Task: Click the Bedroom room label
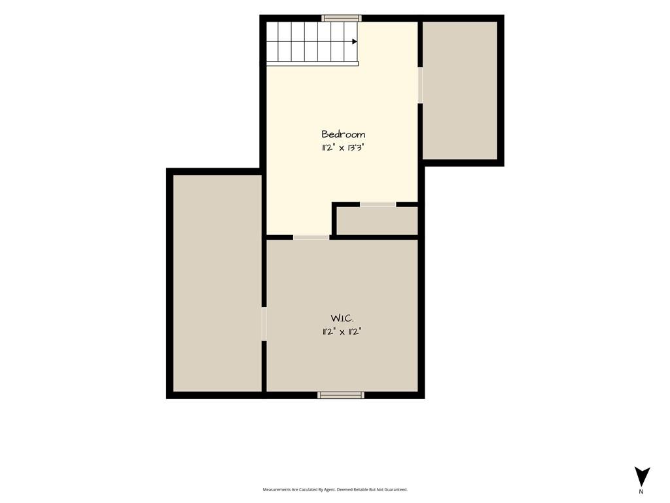click(x=343, y=134)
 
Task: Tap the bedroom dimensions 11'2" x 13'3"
click(x=343, y=148)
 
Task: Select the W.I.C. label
click(x=342, y=318)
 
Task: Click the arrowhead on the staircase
click(x=355, y=41)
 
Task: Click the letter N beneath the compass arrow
click(x=641, y=491)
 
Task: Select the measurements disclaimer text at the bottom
click(x=335, y=490)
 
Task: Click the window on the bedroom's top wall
click(x=342, y=18)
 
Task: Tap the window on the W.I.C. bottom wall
click(x=341, y=395)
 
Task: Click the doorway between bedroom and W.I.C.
click(x=311, y=237)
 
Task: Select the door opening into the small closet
click(x=378, y=204)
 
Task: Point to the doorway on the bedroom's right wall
click(x=420, y=85)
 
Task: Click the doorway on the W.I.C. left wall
click(x=264, y=324)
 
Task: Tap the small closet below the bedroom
click(x=377, y=221)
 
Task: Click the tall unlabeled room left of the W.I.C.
click(x=217, y=283)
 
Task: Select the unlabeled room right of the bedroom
click(x=460, y=90)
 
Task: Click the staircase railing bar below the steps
click(x=312, y=64)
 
